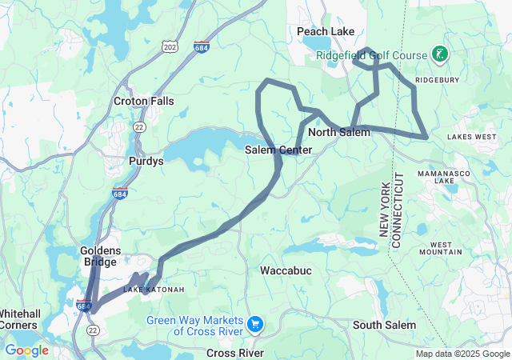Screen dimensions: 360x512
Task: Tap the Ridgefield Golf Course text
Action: pyautogui.click(x=373, y=55)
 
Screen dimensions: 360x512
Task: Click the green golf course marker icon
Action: pyautogui.click(x=439, y=54)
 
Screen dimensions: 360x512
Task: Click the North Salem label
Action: pyautogui.click(x=339, y=132)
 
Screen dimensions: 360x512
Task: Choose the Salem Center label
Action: pyautogui.click(x=278, y=150)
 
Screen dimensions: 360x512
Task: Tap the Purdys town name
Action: pyautogui.click(x=146, y=161)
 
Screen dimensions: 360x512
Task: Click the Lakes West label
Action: pyautogui.click(x=471, y=137)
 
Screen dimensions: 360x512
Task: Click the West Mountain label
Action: pyautogui.click(x=446, y=248)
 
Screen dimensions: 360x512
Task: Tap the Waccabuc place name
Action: pyautogui.click(x=286, y=271)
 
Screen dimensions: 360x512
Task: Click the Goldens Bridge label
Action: pyautogui.click(x=99, y=256)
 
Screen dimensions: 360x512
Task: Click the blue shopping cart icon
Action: pyautogui.click(x=255, y=324)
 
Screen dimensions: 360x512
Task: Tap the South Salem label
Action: pyautogui.click(x=384, y=325)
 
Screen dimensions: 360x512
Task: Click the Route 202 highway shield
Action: pyautogui.click(x=169, y=48)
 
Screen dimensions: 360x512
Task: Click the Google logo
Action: pyautogui.click(x=26, y=350)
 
